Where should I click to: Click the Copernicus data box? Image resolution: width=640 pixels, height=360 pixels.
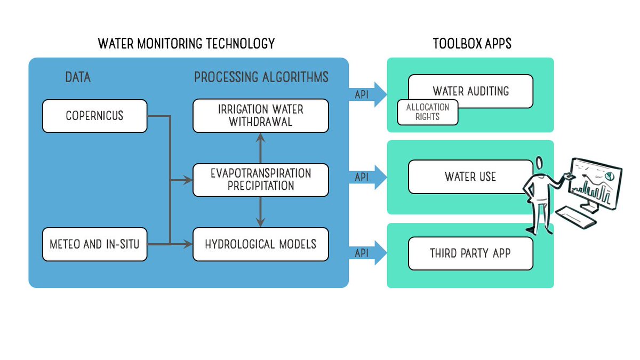point(94,116)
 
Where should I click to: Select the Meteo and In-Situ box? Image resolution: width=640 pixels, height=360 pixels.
point(94,244)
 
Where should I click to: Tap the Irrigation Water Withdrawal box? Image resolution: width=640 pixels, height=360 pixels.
point(261,116)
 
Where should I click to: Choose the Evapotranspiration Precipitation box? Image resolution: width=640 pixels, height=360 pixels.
point(261,180)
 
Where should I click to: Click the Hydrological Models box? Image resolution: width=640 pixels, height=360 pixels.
point(261,244)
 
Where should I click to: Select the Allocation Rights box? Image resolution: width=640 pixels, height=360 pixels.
point(428,113)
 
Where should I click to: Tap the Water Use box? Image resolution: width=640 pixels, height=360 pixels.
point(470,177)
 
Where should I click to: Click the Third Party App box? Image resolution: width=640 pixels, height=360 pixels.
point(470,253)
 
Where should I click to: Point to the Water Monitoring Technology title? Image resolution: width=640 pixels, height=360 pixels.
point(186,44)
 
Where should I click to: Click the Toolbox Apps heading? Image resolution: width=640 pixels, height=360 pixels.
point(472,44)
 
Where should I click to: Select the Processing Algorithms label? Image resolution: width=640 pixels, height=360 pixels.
point(261,77)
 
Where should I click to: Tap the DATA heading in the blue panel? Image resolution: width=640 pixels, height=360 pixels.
point(78,77)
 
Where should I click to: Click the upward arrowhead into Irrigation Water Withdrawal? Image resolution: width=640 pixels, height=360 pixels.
point(260,138)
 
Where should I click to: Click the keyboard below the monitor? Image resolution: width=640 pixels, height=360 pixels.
point(575,218)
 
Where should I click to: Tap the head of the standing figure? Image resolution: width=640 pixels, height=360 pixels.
point(539,163)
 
